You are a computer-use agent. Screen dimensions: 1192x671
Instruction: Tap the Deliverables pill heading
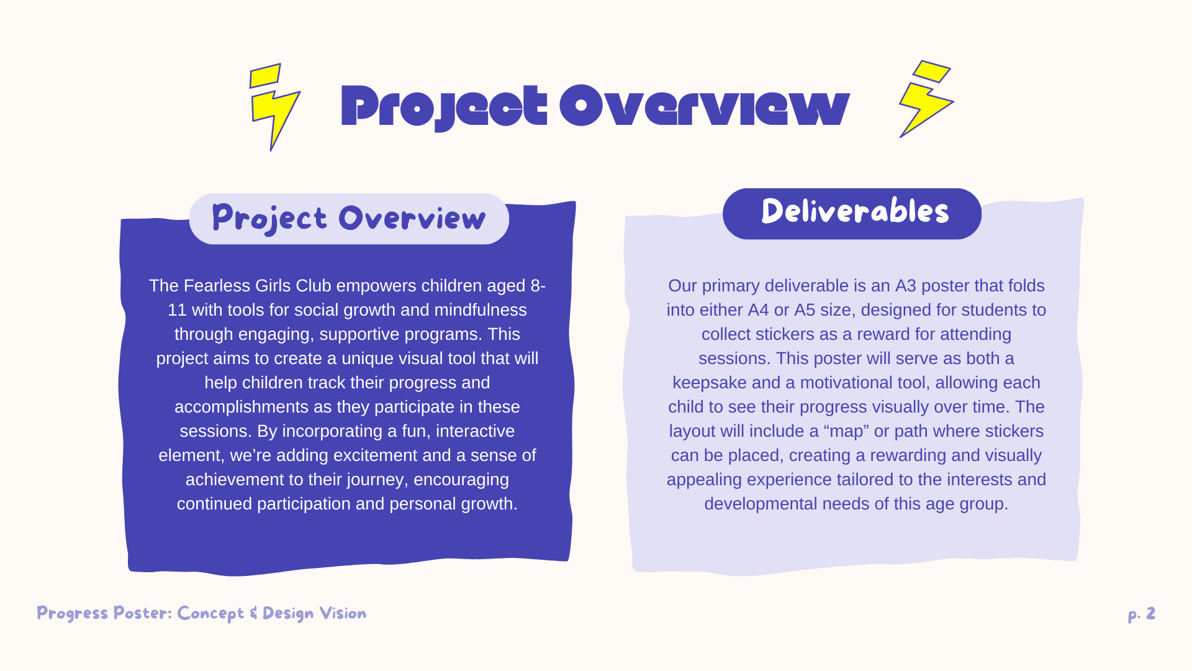click(x=852, y=213)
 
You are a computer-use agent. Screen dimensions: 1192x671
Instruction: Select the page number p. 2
click(x=1142, y=614)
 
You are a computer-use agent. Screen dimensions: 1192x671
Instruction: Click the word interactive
click(x=475, y=431)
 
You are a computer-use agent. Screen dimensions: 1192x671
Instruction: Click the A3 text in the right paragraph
click(x=905, y=285)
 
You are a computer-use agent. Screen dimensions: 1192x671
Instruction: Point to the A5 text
click(x=805, y=309)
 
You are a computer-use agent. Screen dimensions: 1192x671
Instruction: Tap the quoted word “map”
click(x=846, y=432)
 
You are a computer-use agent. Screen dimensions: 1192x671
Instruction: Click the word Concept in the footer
click(x=210, y=614)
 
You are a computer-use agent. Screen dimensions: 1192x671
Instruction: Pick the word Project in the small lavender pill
click(x=269, y=219)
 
